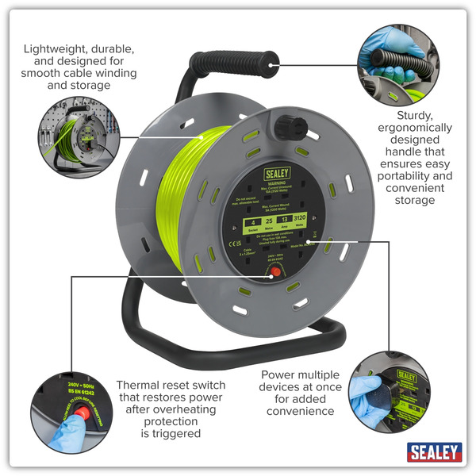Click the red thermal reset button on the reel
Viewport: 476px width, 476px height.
[x=274, y=271]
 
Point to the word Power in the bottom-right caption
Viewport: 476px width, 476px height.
[x=279, y=374]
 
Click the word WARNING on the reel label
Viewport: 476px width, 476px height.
[x=274, y=182]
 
